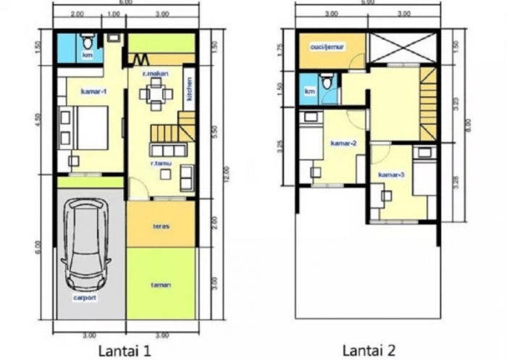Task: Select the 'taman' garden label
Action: [x=161, y=285]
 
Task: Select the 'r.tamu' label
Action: [x=160, y=164]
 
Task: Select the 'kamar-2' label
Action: [x=343, y=143]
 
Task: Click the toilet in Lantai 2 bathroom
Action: [x=328, y=83]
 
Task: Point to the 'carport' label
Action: [x=85, y=297]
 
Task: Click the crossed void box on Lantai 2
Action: [x=403, y=49]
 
